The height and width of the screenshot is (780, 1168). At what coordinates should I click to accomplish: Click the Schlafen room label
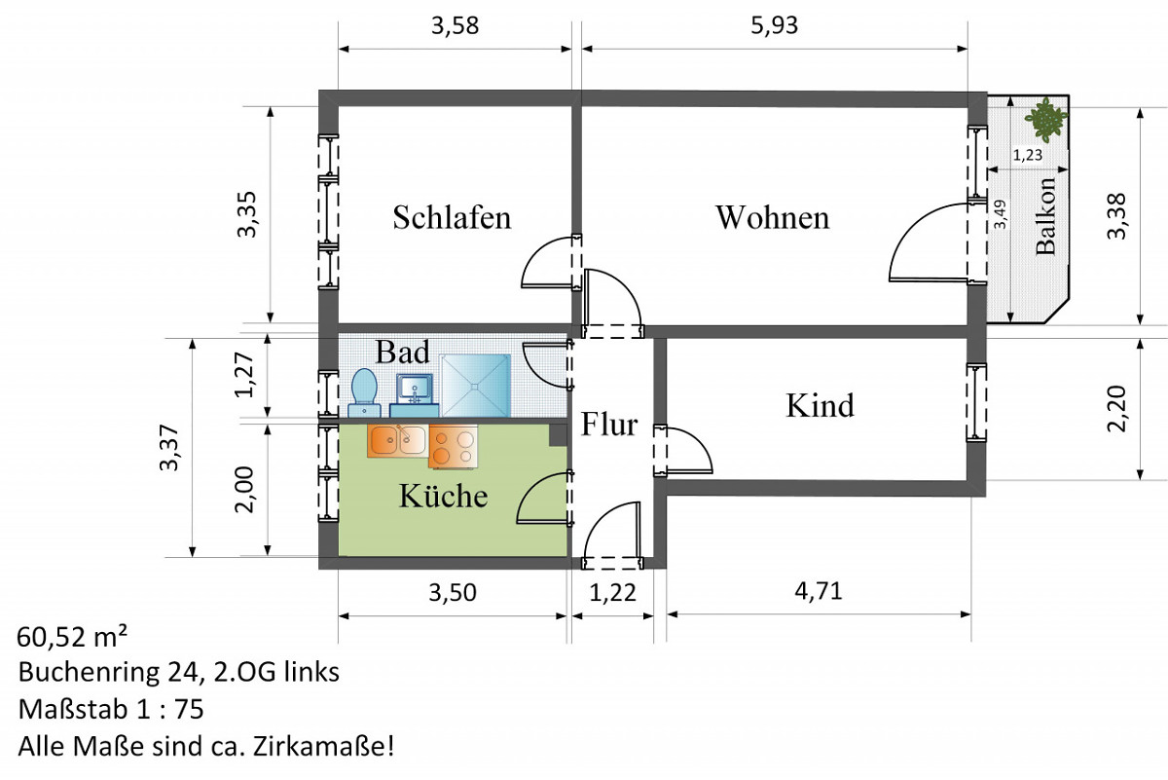452,217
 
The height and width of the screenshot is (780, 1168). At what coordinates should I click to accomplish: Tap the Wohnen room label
772,217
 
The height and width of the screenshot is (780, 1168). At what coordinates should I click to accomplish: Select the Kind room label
820,404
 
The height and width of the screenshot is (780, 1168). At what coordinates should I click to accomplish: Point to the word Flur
609,425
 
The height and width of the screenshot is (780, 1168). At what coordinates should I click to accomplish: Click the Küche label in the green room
443,496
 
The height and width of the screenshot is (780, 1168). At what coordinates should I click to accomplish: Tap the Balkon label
1046,216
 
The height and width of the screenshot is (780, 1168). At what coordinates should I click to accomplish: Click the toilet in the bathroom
364,390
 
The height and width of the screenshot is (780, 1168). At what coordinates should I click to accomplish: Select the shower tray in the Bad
476,386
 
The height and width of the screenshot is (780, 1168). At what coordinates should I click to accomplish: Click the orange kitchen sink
396,441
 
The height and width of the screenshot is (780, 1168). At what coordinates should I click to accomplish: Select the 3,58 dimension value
455,25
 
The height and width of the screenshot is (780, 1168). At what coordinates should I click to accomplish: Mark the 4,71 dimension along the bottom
817,591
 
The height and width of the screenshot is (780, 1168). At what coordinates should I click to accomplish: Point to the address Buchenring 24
117,673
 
